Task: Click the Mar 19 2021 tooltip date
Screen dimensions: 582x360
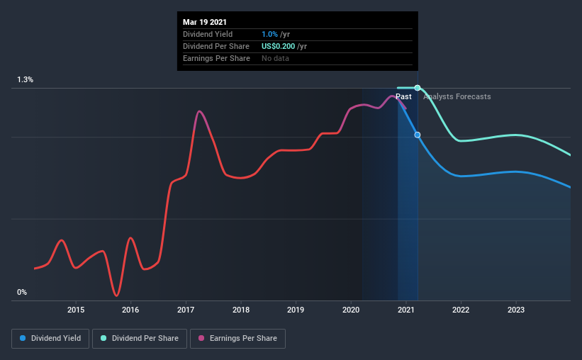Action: (205, 22)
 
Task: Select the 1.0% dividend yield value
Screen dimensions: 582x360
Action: (269, 34)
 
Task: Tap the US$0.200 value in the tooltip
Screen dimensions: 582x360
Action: (279, 46)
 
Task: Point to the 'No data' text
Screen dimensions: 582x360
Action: (275, 58)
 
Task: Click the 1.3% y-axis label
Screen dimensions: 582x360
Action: (26, 79)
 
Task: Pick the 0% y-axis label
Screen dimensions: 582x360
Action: (22, 292)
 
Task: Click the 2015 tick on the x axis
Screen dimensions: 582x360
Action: (76, 310)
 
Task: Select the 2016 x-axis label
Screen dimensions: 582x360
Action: (130, 310)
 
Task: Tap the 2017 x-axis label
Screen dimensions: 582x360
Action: (186, 310)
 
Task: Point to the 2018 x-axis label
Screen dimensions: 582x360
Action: (241, 310)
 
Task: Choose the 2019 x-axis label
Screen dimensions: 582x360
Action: (296, 310)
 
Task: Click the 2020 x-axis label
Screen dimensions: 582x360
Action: (351, 310)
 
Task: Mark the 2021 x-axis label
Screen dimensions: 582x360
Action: (406, 310)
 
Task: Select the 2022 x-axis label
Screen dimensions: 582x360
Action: (461, 310)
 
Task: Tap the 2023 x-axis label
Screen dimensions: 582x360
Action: (516, 310)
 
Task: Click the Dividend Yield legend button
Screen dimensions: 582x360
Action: (50, 339)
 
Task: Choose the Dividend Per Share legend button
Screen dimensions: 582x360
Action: (140, 339)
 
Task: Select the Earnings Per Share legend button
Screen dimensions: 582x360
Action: (237, 339)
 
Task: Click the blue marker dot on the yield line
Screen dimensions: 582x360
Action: (418, 135)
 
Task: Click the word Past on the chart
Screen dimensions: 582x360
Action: (403, 96)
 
